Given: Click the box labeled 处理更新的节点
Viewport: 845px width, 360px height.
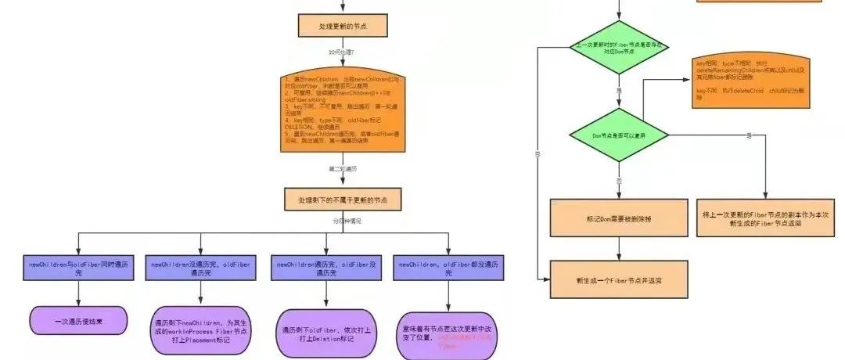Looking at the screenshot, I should coord(343,26).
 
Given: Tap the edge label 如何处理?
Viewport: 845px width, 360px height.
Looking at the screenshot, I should coord(342,52).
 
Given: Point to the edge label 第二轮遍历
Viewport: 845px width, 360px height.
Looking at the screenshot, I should coord(343,168).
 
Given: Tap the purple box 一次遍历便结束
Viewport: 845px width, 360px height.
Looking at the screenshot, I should coord(77,320).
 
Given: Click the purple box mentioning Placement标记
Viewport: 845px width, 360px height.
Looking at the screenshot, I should coord(201,330).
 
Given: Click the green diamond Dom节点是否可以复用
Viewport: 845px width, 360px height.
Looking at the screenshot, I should coord(618,135).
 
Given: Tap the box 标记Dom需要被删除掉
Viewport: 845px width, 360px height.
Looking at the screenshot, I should coord(618,218).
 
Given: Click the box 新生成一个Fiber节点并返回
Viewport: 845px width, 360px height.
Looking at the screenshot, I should coord(619,279).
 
